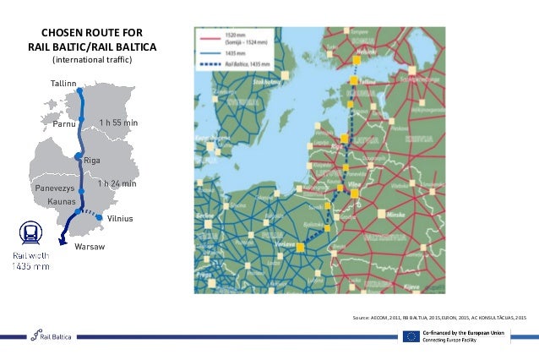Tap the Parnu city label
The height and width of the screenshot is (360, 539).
click(64, 123)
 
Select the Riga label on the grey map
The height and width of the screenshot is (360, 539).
click(92, 160)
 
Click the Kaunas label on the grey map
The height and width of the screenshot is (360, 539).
click(62, 202)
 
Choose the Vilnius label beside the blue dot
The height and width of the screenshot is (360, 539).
click(121, 219)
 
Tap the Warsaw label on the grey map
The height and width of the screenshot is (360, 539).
click(89, 247)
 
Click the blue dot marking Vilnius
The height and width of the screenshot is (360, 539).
click(100, 217)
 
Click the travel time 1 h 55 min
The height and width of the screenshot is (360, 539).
click(118, 123)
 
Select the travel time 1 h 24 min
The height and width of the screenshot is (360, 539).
click(117, 183)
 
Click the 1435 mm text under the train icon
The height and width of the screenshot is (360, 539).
click(30, 266)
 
